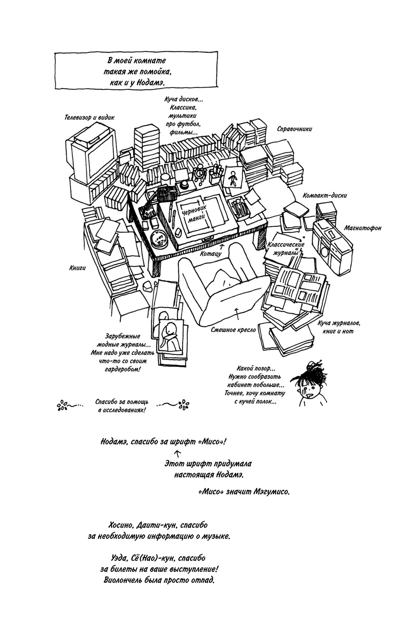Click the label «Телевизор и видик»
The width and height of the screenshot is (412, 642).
pyautogui.click(x=89, y=117)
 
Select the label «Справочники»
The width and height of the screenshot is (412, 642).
pyautogui.click(x=294, y=129)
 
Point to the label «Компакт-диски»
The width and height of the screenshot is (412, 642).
pyautogui.click(x=324, y=195)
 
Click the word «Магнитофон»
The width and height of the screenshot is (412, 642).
pyautogui.click(x=362, y=228)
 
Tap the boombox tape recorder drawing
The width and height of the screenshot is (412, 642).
pyautogui.click(x=332, y=242)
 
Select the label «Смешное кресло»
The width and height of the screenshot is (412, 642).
pyautogui.click(x=233, y=330)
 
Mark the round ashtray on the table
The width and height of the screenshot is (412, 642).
pyautogui.click(x=159, y=239)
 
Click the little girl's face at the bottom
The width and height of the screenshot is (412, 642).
pyautogui.click(x=310, y=389)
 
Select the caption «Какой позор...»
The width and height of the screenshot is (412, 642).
pyautogui.click(x=255, y=368)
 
